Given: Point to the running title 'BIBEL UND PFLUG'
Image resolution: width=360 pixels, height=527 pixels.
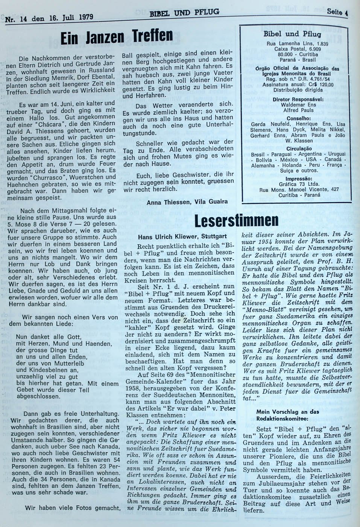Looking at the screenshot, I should pyautogui.click(x=184, y=14).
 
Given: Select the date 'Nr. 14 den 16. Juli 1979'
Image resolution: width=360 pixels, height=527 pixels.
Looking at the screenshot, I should pyautogui.click(x=49, y=17).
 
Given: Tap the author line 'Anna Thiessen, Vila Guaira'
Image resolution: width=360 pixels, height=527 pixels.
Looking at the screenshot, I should pyautogui.click(x=187, y=201).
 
